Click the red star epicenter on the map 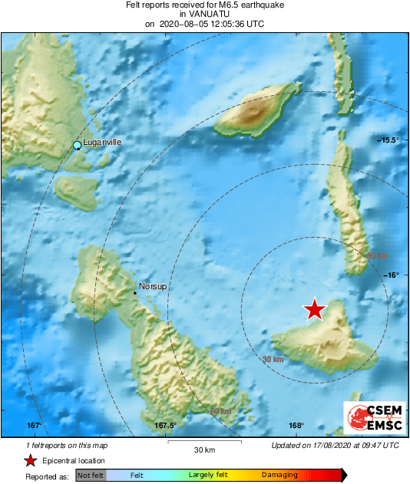[x=314, y=309]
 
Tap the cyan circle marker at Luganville [x=77, y=145]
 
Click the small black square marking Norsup [x=135, y=292]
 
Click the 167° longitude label [x=34, y=426]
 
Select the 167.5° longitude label [x=165, y=426]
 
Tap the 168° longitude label [x=297, y=426]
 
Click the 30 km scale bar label [x=203, y=450]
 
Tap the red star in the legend [x=30, y=460]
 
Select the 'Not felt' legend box [x=91, y=476]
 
